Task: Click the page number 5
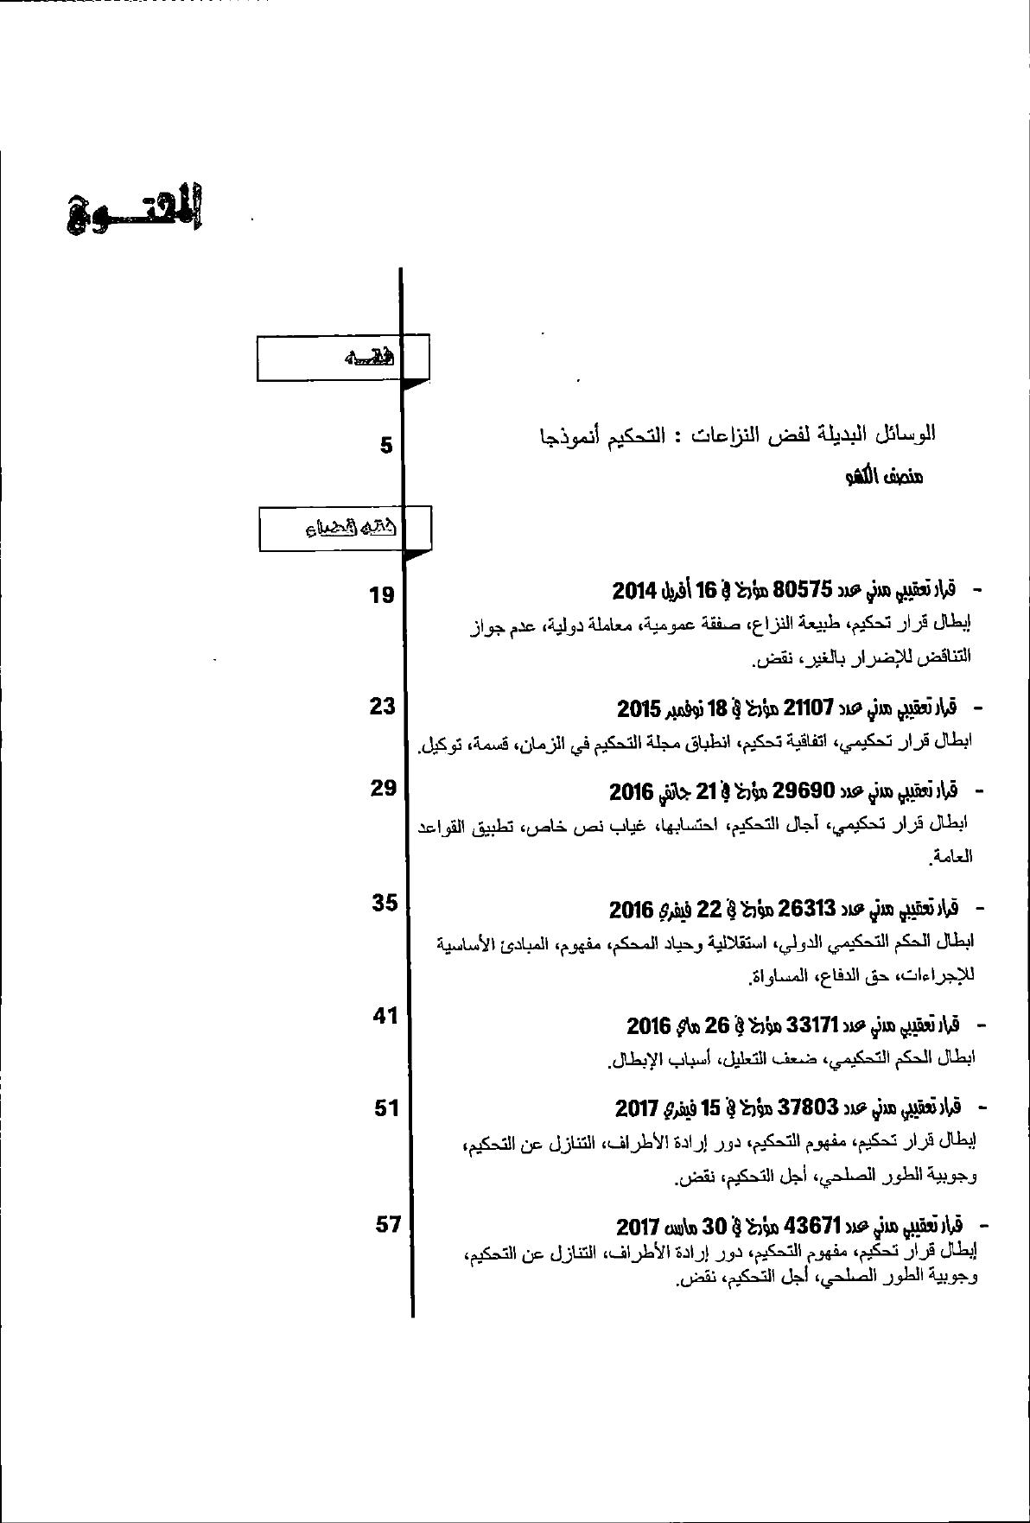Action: point(386,446)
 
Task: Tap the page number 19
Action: point(382,594)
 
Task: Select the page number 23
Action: point(382,707)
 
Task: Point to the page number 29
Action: point(383,788)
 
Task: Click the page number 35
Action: point(385,903)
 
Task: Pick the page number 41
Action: point(385,1016)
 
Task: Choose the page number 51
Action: point(386,1107)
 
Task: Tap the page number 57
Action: point(388,1224)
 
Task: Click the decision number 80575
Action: point(804,590)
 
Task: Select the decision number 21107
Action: point(807,708)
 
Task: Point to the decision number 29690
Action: point(804,790)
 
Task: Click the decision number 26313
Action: point(806,908)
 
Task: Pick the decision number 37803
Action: point(808,1107)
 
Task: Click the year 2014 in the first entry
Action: point(636,591)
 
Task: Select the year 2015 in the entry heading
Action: point(639,709)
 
